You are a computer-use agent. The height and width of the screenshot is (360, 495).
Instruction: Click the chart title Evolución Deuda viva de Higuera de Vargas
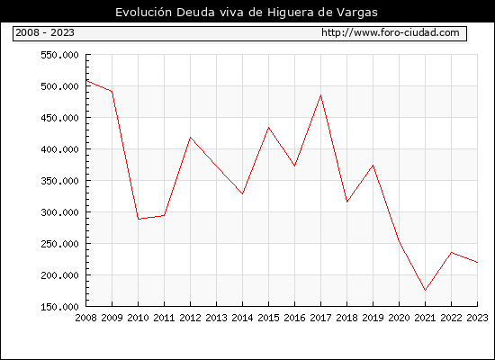tap(247, 13)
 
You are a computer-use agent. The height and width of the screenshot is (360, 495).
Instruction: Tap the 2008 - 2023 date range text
tap(45, 32)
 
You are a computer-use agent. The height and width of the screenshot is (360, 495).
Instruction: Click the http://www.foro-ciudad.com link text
tap(391, 32)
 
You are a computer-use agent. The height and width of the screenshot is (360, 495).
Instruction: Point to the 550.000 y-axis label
tap(59, 55)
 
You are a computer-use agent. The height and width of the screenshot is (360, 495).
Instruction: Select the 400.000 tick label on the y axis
tap(59, 149)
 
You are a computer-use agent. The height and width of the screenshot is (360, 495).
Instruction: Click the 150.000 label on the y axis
tap(59, 307)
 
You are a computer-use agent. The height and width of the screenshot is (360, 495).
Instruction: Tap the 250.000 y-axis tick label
tap(59, 244)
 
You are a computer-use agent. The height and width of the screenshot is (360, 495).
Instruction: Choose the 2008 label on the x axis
tap(85, 318)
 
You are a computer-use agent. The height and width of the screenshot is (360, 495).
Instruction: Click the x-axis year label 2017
tap(320, 318)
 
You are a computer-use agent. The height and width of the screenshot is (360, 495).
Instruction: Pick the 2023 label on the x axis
tap(477, 318)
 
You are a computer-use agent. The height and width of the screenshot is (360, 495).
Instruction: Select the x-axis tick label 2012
tap(191, 318)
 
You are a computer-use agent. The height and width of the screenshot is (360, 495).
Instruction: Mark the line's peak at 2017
tap(320, 95)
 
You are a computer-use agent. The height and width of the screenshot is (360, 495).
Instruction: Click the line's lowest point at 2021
tap(425, 290)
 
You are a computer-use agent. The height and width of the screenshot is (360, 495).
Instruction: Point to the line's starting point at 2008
tap(86, 81)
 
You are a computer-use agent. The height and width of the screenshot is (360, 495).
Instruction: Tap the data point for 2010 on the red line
tap(139, 219)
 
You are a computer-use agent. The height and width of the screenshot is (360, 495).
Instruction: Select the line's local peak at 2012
tap(191, 138)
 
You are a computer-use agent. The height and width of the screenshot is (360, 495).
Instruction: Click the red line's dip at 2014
tap(242, 193)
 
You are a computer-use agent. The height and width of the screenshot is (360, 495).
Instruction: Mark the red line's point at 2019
tap(373, 166)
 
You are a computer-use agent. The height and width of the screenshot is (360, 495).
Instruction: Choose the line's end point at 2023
tap(477, 262)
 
